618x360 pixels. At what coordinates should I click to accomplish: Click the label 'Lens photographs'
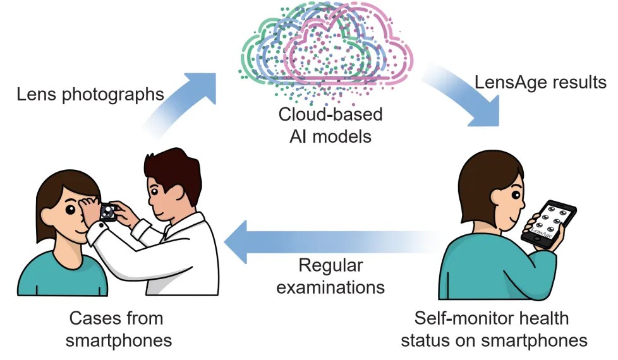pyautogui.click(x=90, y=94)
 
